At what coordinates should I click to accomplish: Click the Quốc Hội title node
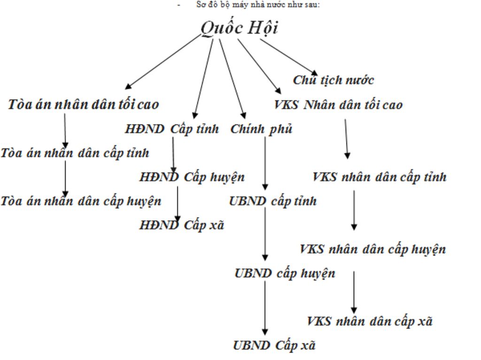click(239, 28)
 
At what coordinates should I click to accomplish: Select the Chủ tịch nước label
click(333, 80)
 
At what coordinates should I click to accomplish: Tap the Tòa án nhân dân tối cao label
click(84, 104)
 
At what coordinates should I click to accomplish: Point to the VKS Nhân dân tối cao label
click(338, 105)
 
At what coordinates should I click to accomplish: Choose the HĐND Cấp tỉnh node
click(172, 129)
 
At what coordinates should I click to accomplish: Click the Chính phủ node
click(261, 129)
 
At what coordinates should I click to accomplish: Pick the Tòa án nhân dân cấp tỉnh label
click(75, 153)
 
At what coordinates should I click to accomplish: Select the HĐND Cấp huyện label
click(192, 177)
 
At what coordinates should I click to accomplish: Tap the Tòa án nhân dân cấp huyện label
click(81, 202)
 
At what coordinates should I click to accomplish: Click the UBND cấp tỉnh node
click(272, 202)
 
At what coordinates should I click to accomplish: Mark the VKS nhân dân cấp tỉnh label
click(379, 177)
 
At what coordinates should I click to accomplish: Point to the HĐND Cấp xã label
click(182, 226)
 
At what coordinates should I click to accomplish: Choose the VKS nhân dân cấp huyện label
click(372, 249)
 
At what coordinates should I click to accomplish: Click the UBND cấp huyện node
click(285, 274)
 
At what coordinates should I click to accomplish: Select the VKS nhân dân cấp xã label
click(369, 321)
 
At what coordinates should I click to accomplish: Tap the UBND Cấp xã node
click(274, 346)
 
